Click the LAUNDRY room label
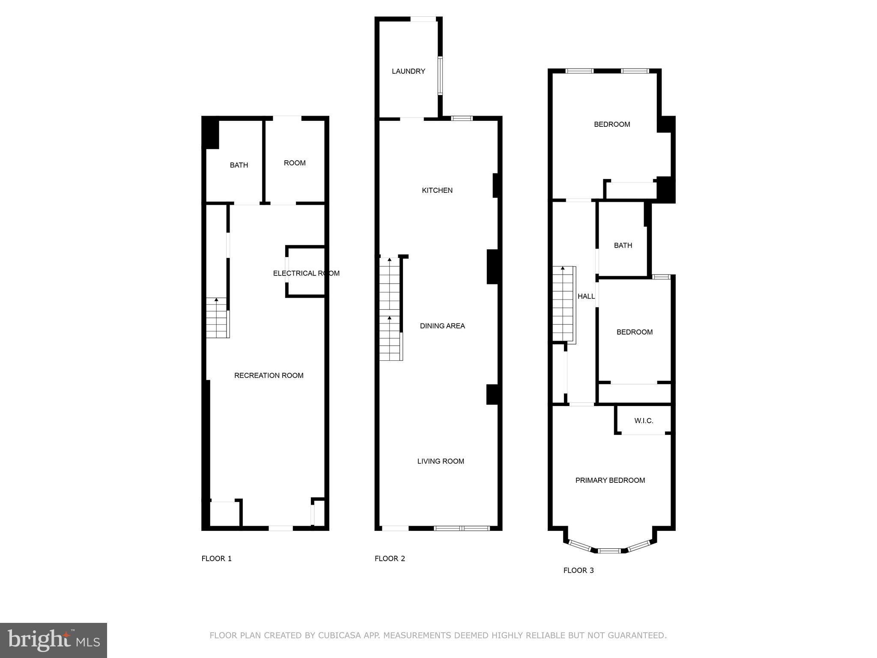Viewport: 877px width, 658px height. tap(408, 71)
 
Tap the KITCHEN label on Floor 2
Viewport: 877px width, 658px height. tap(437, 190)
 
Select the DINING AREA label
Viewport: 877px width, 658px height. tap(442, 326)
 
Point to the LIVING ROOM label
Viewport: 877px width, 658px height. tap(441, 461)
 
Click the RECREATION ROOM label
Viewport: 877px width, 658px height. tap(268, 376)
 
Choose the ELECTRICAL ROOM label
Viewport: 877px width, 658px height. tap(306, 273)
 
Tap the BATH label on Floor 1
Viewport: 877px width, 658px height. tap(239, 165)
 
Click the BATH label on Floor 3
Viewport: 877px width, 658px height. tap(623, 245)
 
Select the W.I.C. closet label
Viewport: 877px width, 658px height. tap(644, 421)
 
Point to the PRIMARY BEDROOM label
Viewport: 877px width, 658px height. tap(610, 480)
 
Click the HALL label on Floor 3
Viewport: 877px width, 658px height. tap(586, 296)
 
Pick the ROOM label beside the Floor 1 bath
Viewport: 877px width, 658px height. tap(295, 163)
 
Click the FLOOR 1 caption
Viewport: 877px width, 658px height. tap(216, 559)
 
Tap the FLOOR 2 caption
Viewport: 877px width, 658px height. tap(390, 559)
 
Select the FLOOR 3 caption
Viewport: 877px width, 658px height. tap(578, 571)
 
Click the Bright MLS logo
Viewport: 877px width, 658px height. tap(54, 640)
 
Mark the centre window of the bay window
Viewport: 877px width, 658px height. tap(609, 550)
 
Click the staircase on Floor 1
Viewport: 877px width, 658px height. tap(217, 318)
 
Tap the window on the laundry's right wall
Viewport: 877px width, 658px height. tap(440, 76)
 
